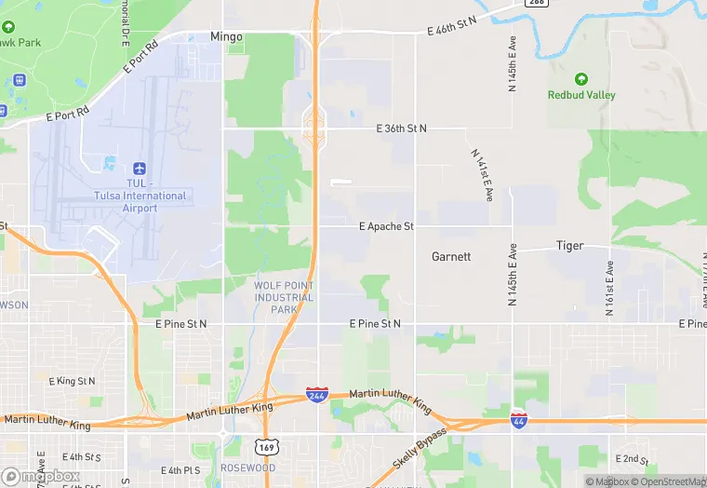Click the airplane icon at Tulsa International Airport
(x=140, y=168)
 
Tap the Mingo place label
(x=226, y=37)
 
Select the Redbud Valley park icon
(x=581, y=79)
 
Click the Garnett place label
(x=451, y=256)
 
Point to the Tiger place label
(x=569, y=246)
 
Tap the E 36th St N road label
(x=401, y=128)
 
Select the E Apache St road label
(x=386, y=226)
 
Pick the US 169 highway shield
(x=266, y=448)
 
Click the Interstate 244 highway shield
(x=315, y=397)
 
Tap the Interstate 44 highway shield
(x=518, y=420)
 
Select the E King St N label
(x=72, y=381)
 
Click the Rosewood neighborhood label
(x=247, y=468)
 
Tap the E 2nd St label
(x=632, y=459)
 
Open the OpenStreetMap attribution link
(x=668, y=481)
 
